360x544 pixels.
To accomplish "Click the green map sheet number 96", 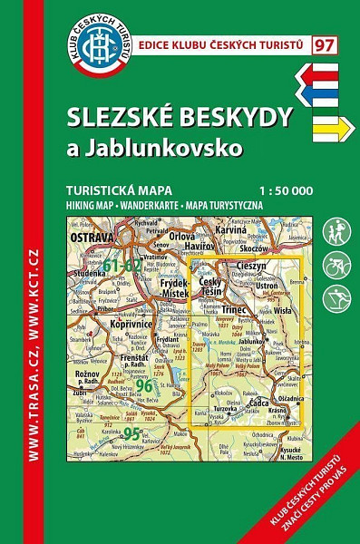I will pos(144,385).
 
